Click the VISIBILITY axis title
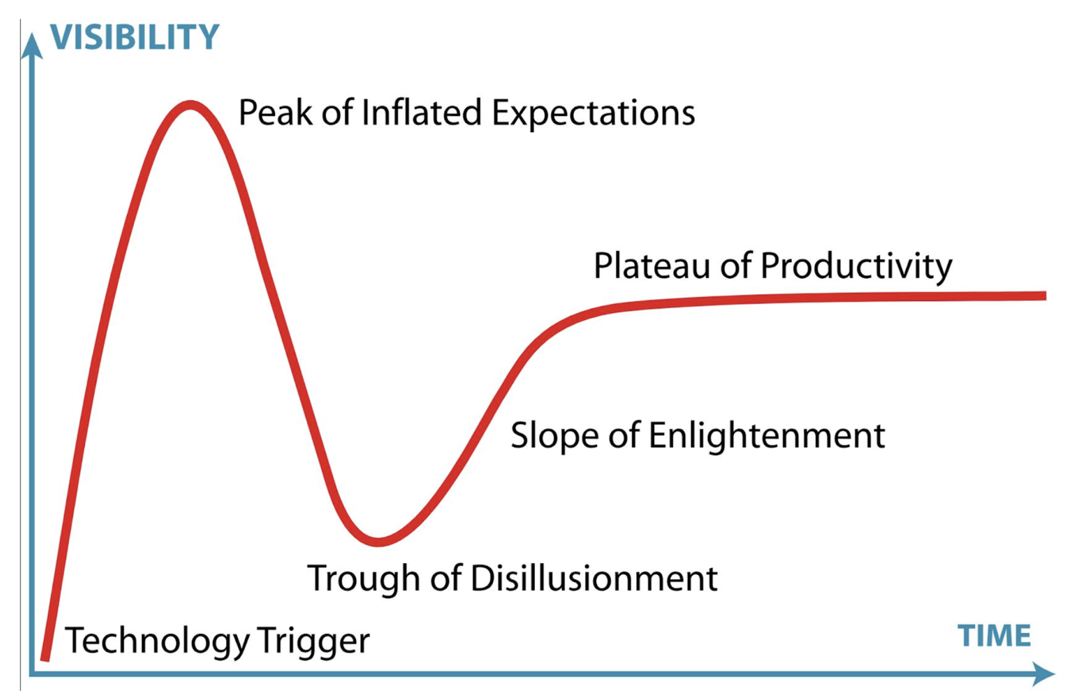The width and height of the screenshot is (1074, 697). pos(135,37)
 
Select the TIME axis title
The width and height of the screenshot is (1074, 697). pos(994,635)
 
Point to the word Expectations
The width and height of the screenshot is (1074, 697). pos(593,114)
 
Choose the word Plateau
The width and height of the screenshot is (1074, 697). pos(651,266)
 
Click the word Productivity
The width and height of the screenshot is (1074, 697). pos(856,267)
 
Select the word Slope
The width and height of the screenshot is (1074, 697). pos(555,435)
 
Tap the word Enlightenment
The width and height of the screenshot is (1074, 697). pos(767,436)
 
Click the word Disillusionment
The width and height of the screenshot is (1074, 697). pos(594,578)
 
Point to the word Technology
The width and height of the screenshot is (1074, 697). pos(157,642)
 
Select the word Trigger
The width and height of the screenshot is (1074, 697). pos(313,642)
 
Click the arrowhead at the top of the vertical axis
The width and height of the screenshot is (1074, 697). pos(32,44)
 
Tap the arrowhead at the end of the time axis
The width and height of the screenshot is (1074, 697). pos(1043,674)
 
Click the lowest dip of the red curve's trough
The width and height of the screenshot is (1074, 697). pos(378,542)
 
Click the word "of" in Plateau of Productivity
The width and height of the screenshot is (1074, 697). pos(735,266)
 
